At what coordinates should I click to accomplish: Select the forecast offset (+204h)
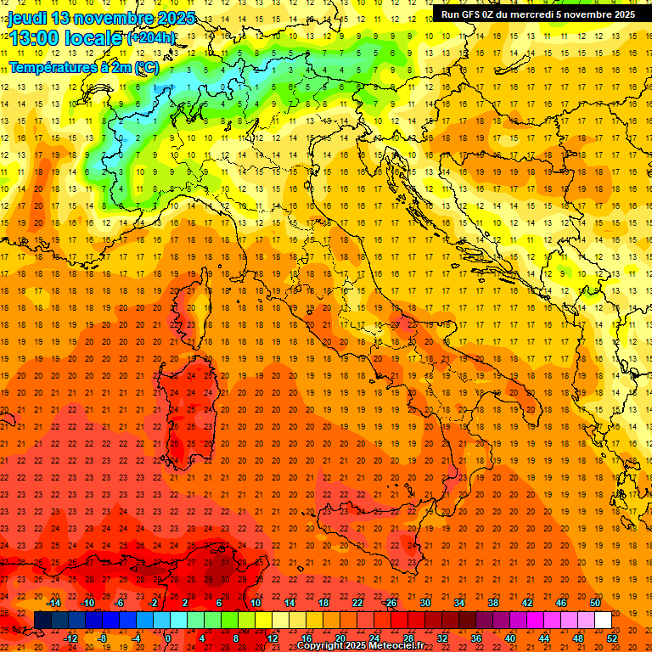point(151,37)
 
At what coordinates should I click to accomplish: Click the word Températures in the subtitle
point(47,66)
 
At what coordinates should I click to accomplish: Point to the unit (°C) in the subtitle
point(145,66)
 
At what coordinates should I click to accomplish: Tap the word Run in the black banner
point(451,14)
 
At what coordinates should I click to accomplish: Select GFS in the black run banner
point(473,14)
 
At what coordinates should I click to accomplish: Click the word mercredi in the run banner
point(537,14)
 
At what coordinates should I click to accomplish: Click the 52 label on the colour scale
point(613,638)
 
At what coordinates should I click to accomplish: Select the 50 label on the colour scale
point(595,603)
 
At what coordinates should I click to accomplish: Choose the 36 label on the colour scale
point(476,638)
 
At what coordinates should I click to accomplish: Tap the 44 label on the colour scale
point(544,638)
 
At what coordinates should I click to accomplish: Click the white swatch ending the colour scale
point(603,620)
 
